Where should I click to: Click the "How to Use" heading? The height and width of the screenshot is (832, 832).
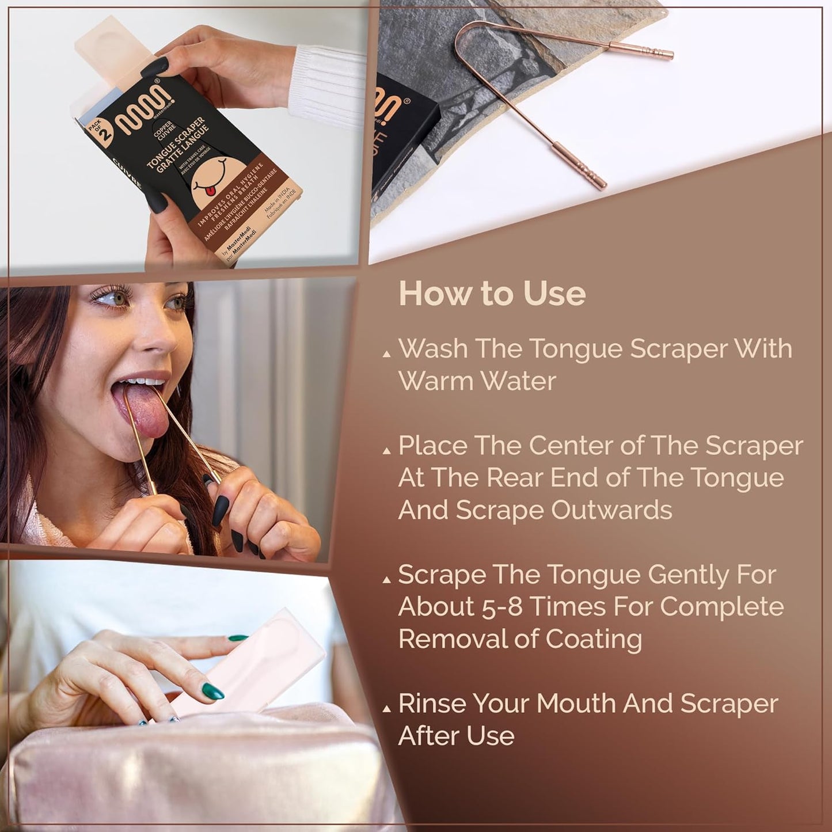[492, 294]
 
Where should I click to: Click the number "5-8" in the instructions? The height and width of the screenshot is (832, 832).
[501, 607]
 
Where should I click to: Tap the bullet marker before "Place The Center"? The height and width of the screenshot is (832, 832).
[387, 451]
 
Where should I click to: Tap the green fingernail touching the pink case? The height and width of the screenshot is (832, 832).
[212, 691]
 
